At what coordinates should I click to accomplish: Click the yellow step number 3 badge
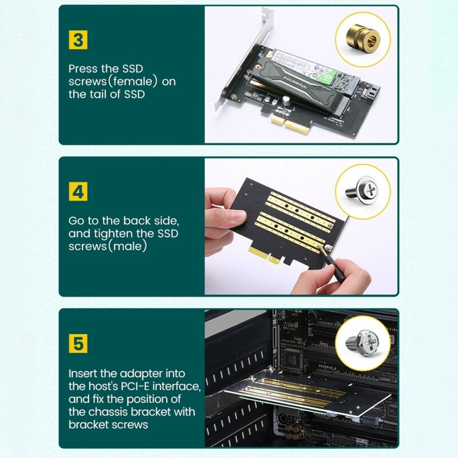pyautogui.click(x=78, y=40)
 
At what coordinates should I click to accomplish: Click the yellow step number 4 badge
pyautogui.click(x=78, y=191)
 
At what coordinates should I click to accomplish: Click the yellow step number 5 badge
pyautogui.click(x=78, y=343)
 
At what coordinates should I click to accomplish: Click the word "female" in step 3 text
pyautogui.click(x=131, y=81)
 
